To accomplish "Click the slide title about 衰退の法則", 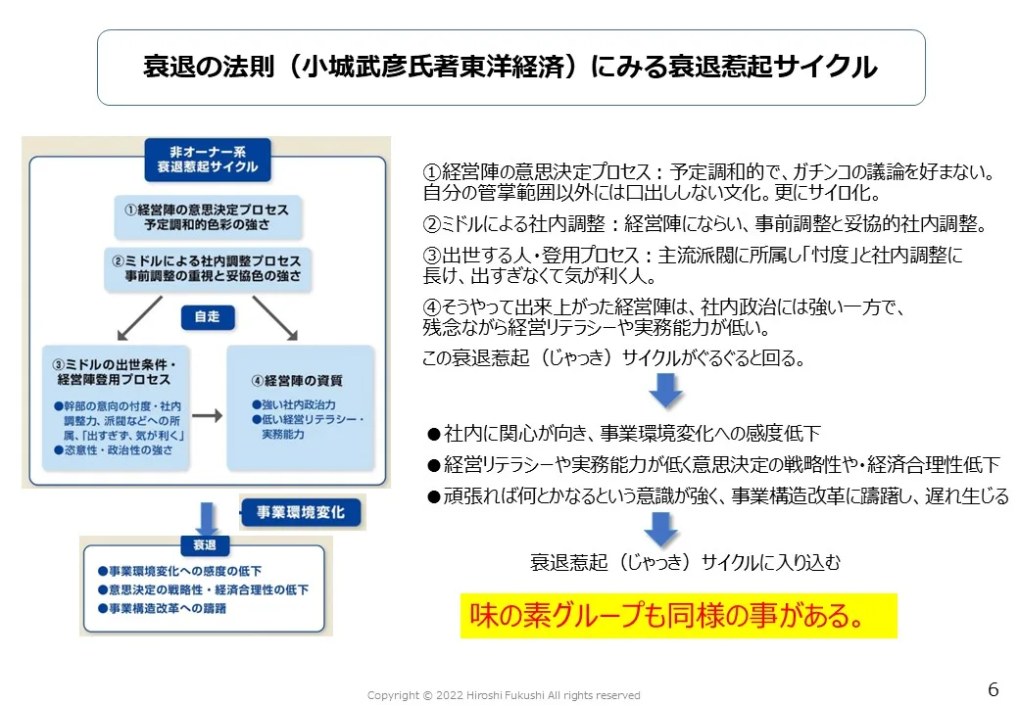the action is click(510, 68).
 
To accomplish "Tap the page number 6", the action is click(993, 689).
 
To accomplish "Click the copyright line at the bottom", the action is click(504, 695).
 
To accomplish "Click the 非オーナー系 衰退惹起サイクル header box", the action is click(207, 159).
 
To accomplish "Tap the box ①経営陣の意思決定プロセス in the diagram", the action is click(207, 217).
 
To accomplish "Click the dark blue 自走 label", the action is click(207, 316).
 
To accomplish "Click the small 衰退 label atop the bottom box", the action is click(204, 544).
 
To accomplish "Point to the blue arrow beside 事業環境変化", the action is click(207, 516).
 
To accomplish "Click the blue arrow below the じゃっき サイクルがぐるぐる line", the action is click(665, 390).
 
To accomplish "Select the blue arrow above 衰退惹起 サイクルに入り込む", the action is click(662, 529).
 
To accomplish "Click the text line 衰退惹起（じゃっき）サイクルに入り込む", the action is click(685, 563).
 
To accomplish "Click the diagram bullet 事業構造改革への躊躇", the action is click(162, 608).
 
